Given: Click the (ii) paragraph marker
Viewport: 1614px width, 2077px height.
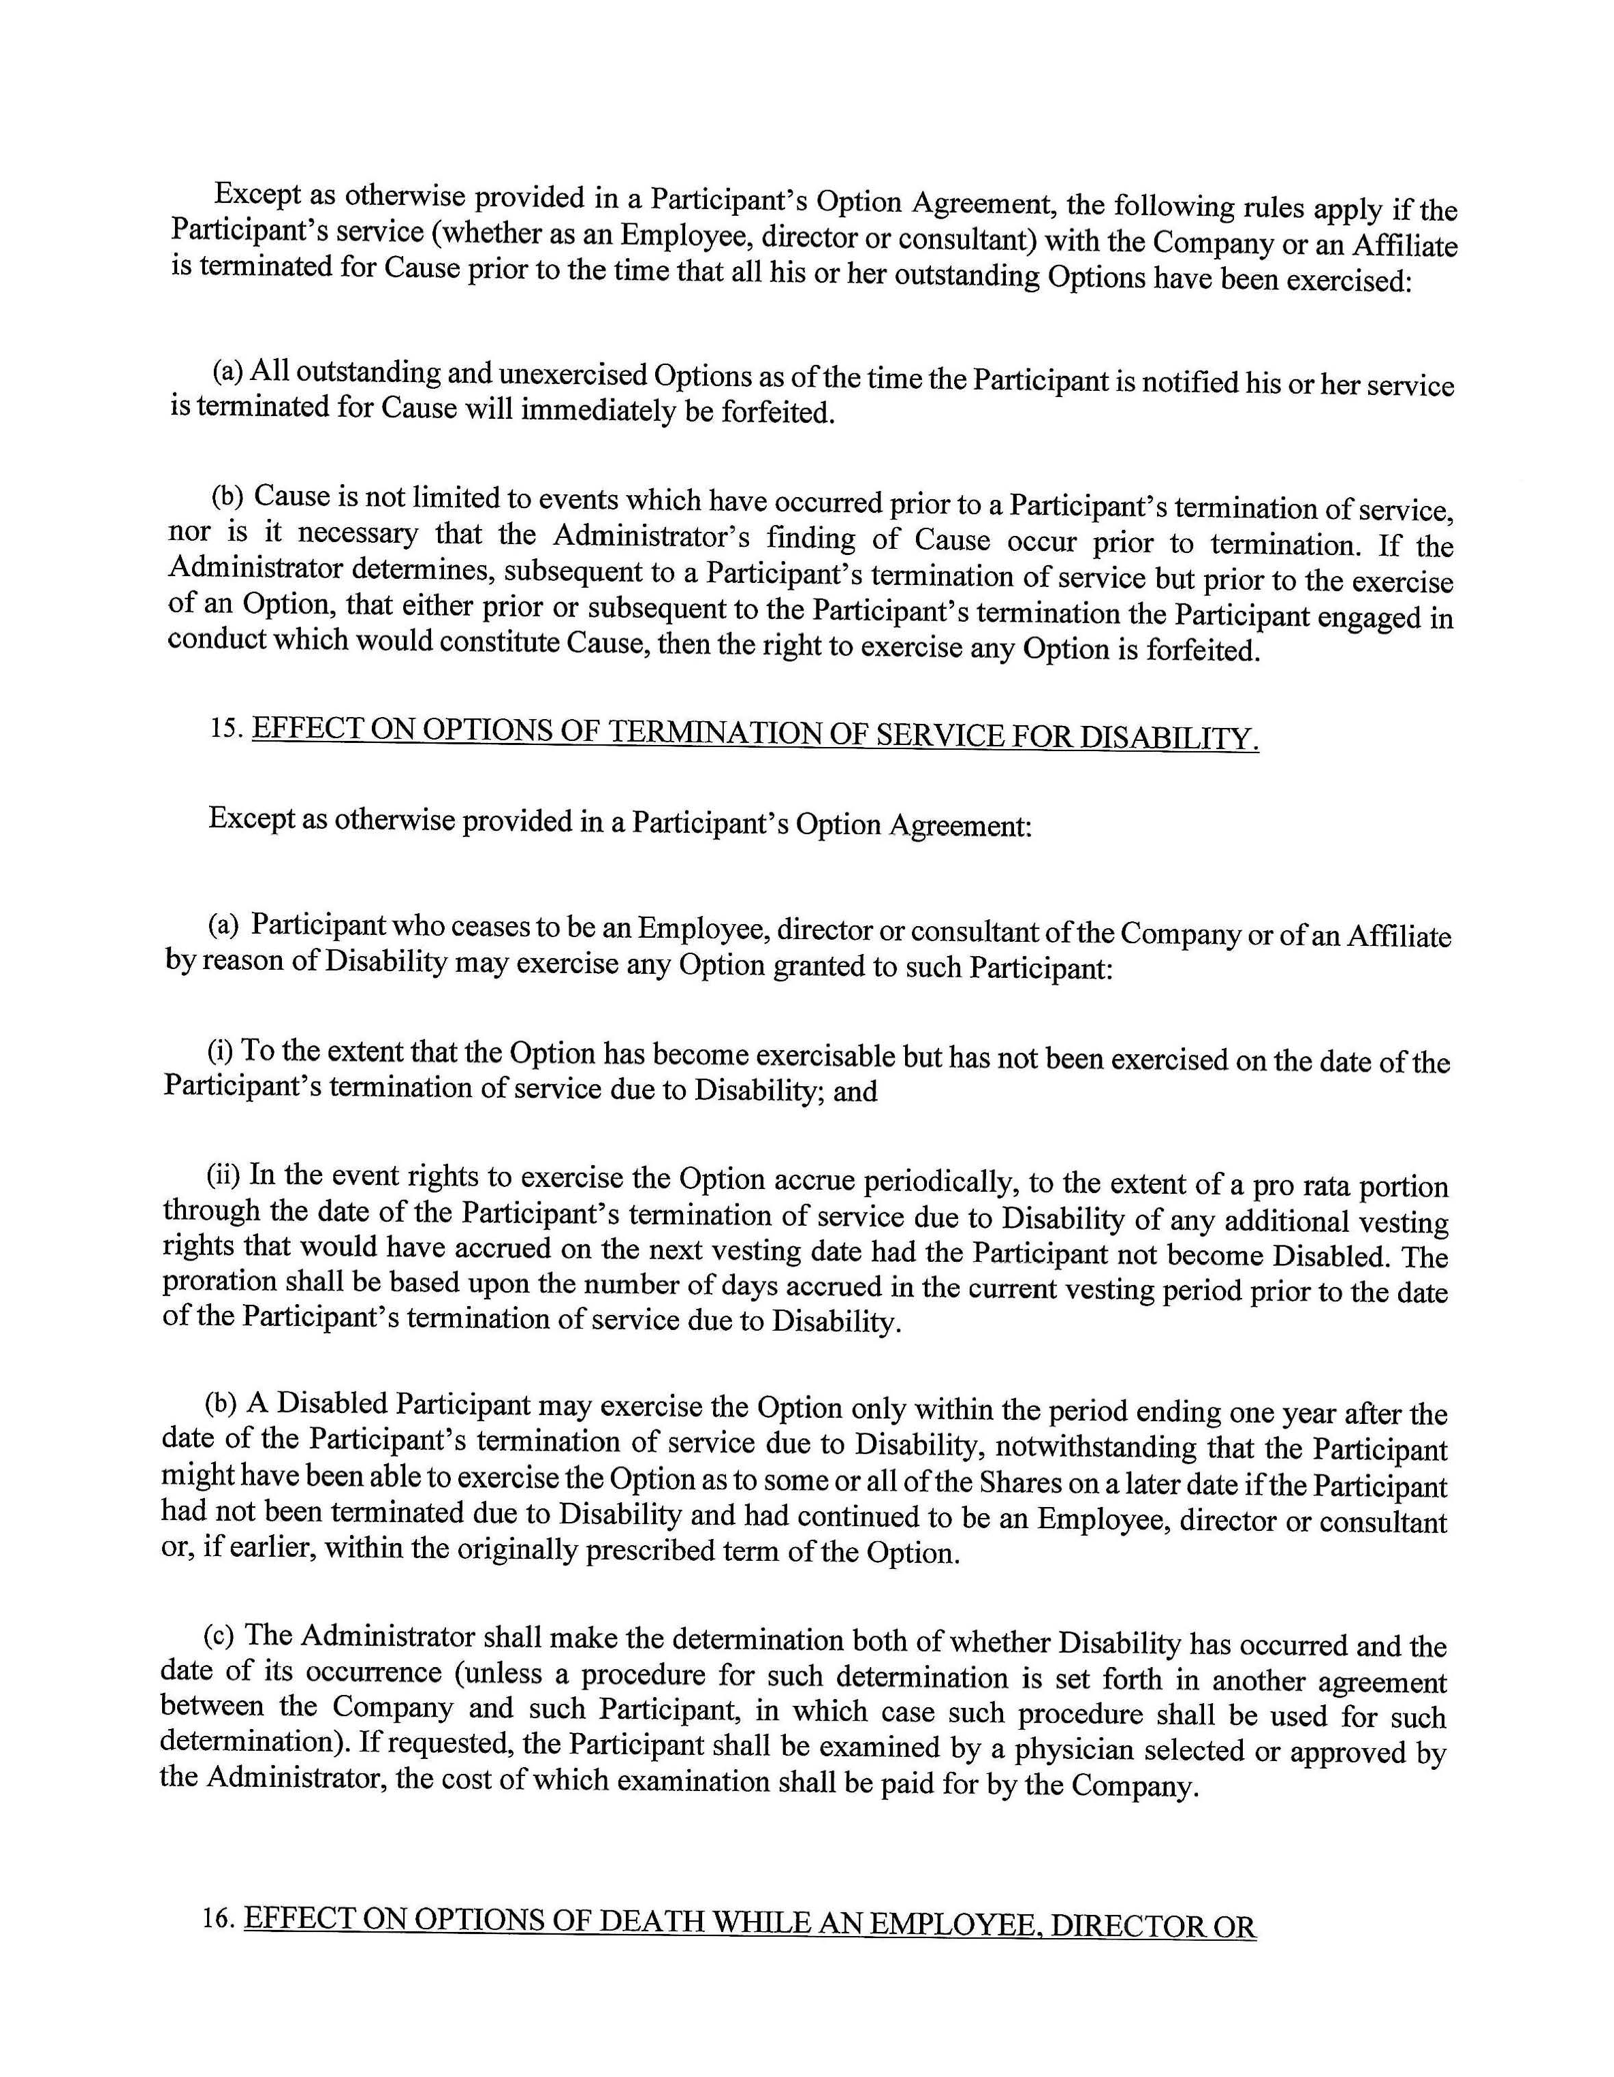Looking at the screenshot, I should (x=221, y=1175).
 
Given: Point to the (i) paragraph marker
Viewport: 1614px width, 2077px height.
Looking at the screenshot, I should (x=220, y=1050).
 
